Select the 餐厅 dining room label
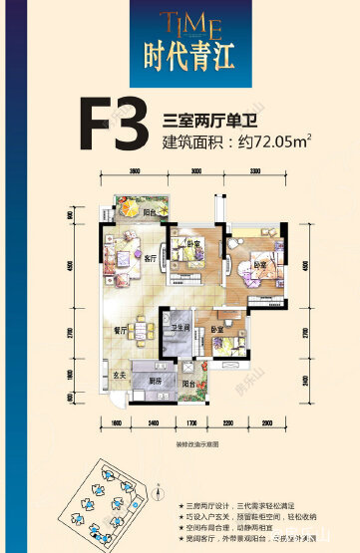pyautogui.click(x=117, y=334)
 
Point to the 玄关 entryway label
pyautogui.click(x=117, y=375)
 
